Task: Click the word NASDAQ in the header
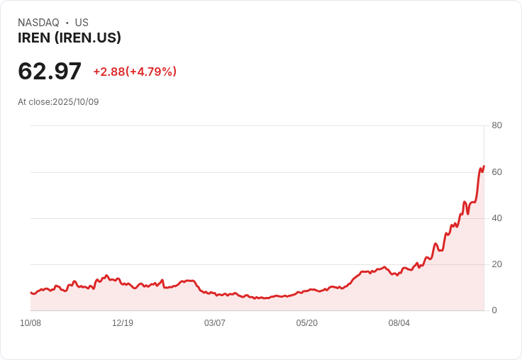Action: pyautogui.click(x=38, y=23)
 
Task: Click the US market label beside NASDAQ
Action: pyautogui.click(x=82, y=23)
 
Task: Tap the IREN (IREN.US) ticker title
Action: pyautogui.click(x=70, y=38)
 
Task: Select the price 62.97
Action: pyautogui.click(x=50, y=72)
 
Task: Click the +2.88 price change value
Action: pyautogui.click(x=109, y=72)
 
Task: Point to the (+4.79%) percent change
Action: pyautogui.click(x=151, y=72)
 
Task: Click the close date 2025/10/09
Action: pyautogui.click(x=76, y=102)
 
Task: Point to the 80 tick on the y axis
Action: pyautogui.click(x=496, y=125)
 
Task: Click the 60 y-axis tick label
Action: pyautogui.click(x=496, y=172)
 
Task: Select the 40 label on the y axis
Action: pyautogui.click(x=496, y=218)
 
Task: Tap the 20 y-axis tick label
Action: pyautogui.click(x=496, y=264)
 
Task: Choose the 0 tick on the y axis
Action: pyautogui.click(x=494, y=310)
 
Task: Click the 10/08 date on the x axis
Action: pyautogui.click(x=30, y=323)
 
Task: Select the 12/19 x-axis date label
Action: pyautogui.click(x=123, y=323)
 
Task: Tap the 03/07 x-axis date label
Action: pyautogui.click(x=215, y=323)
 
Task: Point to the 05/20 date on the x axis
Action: pyautogui.click(x=307, y=323)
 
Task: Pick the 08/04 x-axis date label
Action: pyautogui.click(x=399, y=323)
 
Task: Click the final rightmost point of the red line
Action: pyautogui.click(x=484, y=167)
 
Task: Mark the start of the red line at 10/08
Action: pyautogui.click(x=30, y=292)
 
